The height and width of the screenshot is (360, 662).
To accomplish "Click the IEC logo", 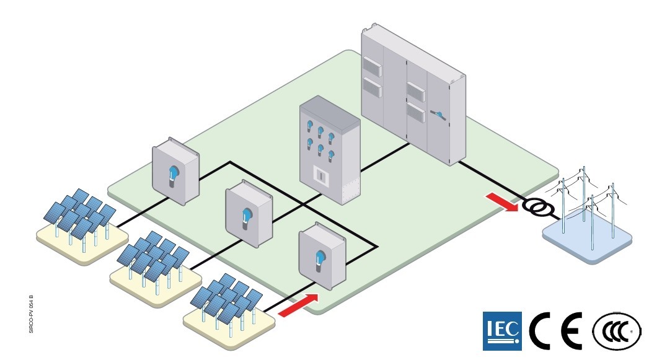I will click(502, 330).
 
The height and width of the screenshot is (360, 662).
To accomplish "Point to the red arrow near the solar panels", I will click(299, 305).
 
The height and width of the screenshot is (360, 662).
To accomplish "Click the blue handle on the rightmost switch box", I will click(321, 257).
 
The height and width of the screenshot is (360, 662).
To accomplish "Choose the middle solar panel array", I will click(152, 255).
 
